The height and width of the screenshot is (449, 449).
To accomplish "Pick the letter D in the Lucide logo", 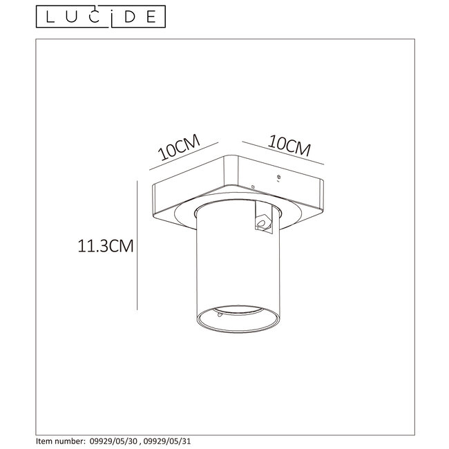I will click(x=129, y=15).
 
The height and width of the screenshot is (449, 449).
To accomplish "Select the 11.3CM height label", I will click(x=104, y=245).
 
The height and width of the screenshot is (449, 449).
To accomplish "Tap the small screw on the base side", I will click(x=278, y=177).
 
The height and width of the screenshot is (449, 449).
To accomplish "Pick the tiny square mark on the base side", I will click(x=253, y=186).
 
